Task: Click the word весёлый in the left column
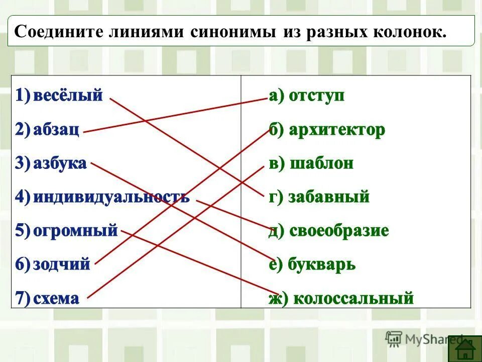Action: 68,96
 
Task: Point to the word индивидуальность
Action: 111,197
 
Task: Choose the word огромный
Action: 75,231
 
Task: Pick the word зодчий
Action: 62,264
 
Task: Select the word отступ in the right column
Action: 317,96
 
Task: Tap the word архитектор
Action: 337,130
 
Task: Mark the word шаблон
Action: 322,163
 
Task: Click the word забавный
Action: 329,197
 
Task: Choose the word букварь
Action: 322,264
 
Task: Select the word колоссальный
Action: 353,299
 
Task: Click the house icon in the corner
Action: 464,348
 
